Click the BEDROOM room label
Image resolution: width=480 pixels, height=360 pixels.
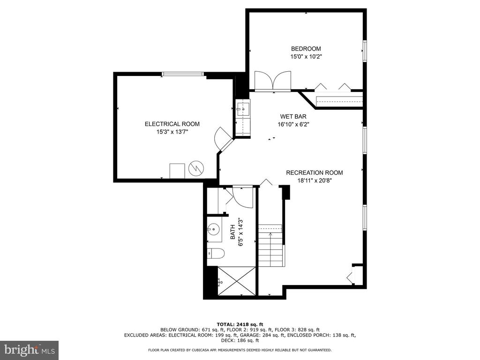pyautogui.click(x=306, y=49)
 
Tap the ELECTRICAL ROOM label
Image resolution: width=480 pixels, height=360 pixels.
pyautogui.click(x=172, y=124)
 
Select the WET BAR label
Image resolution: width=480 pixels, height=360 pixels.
pyautogui.click(x=293, y=117)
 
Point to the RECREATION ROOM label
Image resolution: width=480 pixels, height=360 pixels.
pyautogui.click(x=315, y=172)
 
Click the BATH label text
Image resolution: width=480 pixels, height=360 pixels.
pyautogui.click(x=233, y=232)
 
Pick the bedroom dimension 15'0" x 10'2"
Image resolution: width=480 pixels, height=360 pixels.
pyautogui.click(x=306, y=57)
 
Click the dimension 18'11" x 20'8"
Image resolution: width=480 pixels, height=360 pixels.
pyautogui.click(x=315, y=180)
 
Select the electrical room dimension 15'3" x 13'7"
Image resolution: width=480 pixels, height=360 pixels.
pyautogui.click(x=172, y=132)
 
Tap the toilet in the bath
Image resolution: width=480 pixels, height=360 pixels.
pyautogui.click(x=216, y=253)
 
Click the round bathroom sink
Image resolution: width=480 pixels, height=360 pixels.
pyautogui.click(x=214, y=228)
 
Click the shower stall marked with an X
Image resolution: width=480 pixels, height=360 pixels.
pyautogui.click(x=236, y=281)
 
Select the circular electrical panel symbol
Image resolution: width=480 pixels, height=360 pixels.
pyautogui.click(x=196, y=168)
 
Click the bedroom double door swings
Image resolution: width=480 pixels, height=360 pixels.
pyautogui.click(x=273, y=81)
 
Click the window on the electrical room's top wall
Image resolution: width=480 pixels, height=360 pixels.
pyautogui.click(x=183, y=74)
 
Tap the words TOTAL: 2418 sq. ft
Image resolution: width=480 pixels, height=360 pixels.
pyautogui.click(x=240, y=324)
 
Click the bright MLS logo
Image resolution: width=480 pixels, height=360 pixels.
pyautogui.click(x=30, y=350)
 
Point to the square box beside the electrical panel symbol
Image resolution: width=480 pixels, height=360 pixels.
pyautogui.click(x=177, y=171)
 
